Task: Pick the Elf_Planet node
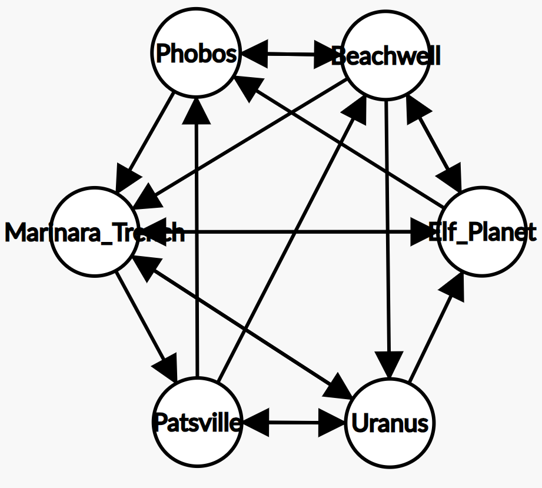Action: pyautogui.click(x=481, y=232)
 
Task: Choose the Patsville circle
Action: pyautogui.click(x=197, y=422)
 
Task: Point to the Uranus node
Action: pyautogui.click(x=389, y=423)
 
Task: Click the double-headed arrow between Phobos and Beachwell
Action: pyautogui.click(x=291, y=55)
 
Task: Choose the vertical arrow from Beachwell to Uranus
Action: pyautogui.click(x=387, y=235)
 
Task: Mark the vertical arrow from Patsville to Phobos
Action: pyautogui.click(x=197, y=235)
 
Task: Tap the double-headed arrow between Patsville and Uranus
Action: pyautogui.click(x=292, y=422)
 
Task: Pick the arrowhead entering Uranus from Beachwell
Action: pyautogui.click(x=388, y=363)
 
